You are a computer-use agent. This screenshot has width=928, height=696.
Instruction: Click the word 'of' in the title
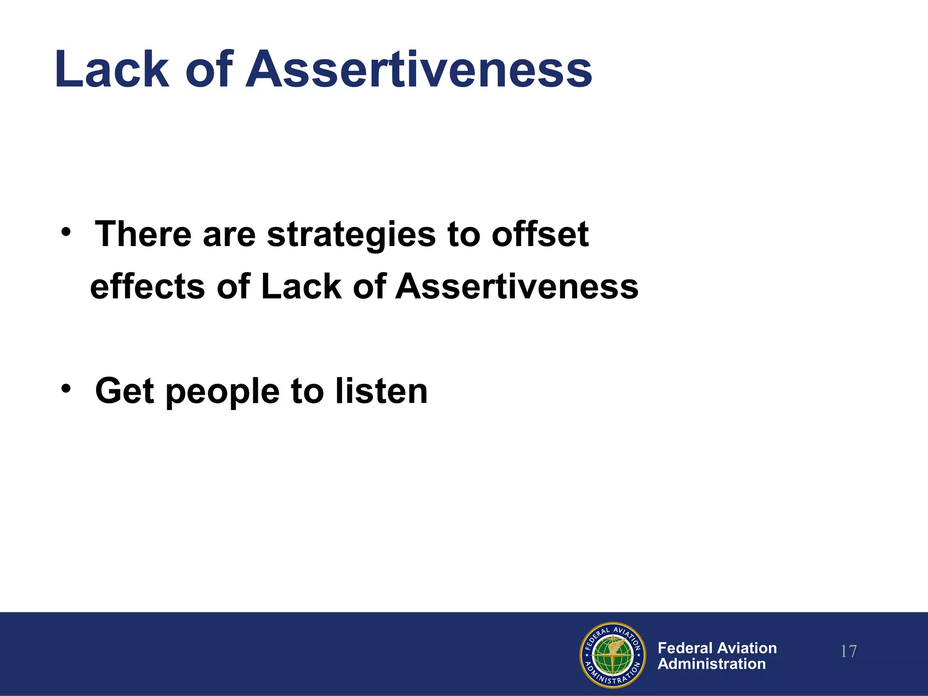(x=209, y=69)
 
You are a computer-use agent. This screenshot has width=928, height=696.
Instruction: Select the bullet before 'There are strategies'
(x=66, y=232)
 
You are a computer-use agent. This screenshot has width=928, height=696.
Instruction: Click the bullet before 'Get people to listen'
(x=66, y=389)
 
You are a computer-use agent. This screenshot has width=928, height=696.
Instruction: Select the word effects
(x=148, y=286)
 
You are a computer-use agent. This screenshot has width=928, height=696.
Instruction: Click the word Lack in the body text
(x=301, y=286)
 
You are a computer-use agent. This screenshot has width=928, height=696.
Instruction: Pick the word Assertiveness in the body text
(x=517, y=286)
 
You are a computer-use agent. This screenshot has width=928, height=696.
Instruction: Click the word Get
(x=125, y=391)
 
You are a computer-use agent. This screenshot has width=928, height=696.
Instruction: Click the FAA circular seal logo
(x=613, y=654)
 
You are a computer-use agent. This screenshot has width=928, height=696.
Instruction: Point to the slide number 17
(x=848, y=652)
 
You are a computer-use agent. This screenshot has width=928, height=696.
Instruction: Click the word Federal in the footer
(x=686, y=648)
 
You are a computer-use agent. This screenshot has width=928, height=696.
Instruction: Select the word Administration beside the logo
(x=711, y=664)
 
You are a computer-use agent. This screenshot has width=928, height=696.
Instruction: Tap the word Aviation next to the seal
(x=748, y=648)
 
